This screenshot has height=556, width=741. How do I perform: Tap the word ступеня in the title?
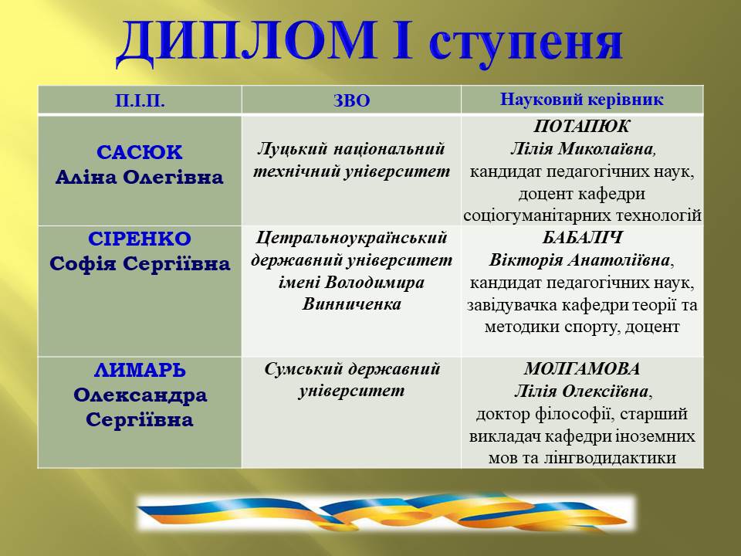526,42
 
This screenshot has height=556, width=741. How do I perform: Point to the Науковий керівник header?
581,100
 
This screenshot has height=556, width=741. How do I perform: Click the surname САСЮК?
140,152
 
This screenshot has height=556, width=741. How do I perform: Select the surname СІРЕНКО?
140,239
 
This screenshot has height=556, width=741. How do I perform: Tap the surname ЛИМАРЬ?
140,370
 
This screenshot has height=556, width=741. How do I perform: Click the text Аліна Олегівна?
140,178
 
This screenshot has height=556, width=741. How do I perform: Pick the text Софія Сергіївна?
140,264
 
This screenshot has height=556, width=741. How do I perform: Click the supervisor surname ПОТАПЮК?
582,127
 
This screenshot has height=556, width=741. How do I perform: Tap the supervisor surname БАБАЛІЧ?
582,238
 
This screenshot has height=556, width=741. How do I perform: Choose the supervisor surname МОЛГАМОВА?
582,369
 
